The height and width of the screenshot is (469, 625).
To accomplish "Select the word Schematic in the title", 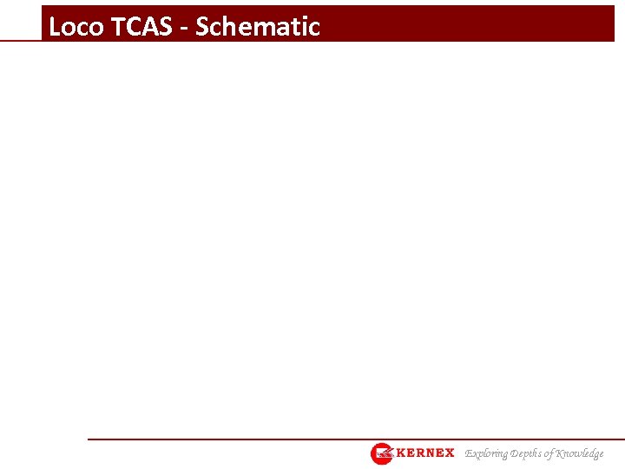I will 258,27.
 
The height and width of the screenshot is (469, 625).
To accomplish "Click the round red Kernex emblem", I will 382,453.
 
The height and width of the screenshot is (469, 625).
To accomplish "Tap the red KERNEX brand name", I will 425,453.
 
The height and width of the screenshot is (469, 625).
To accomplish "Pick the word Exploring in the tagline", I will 487,453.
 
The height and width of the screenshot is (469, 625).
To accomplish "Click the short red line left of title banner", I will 21,40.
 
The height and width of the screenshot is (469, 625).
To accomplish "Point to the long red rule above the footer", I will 347,439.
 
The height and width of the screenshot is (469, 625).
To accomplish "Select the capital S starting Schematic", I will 203,27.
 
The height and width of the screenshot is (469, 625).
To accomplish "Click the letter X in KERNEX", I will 448,453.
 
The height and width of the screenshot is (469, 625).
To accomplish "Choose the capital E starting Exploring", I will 469,453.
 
